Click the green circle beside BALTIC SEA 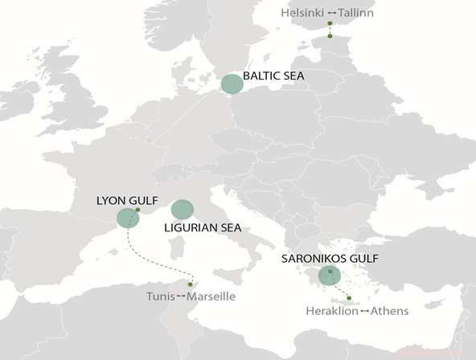click(232, 84)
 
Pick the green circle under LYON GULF click(127, 218)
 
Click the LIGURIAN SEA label click(203, 227)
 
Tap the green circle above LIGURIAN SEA click(183, 210)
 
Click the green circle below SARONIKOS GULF click(329, 276)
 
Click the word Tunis click(160, 297)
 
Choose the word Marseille click(211, 297)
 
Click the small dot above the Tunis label click(190, 284)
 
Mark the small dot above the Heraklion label click(349, 298)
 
